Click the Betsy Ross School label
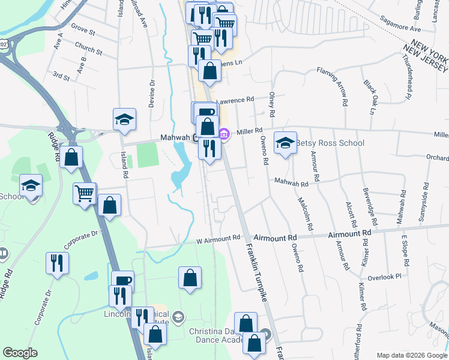click(x=330, y=143)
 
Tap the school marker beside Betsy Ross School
click(x=285, y=142)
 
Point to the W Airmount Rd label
click(x=218, y=239)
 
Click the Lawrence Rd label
click(x=236, y=100)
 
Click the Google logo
click(x=20, y=353)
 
